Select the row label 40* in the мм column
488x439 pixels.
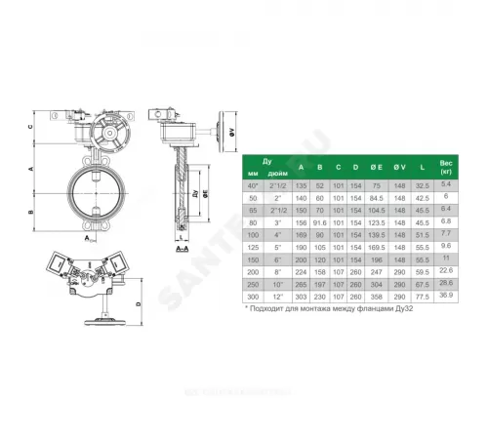pyautogui.click(x=254, y=184)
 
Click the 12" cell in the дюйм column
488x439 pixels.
pyautogui.click(x=277, y=295)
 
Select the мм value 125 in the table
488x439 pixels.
pyautogui.click(x=254, y=248)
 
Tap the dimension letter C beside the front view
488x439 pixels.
pyautogui.click(x=32, y=126)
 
